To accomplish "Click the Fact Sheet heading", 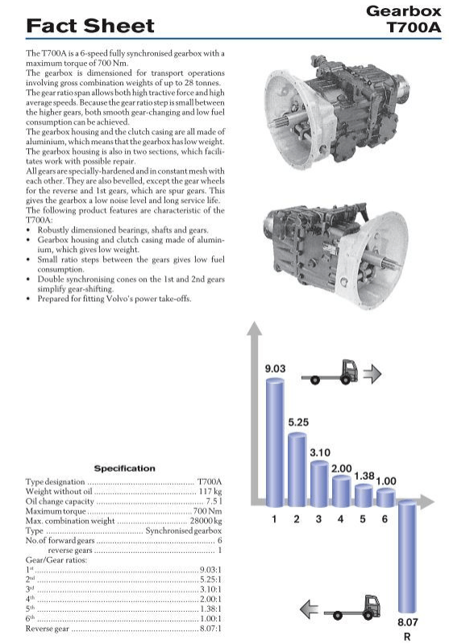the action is (x=90, y=26).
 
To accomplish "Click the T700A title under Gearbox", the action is (x=414, y=27).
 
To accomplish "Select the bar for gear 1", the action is (x=275, y=442).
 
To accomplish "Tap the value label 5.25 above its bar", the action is (x=298, y=422).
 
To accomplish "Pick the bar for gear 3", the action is (x=319, y=484).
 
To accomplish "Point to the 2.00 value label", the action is (x=342, y=469).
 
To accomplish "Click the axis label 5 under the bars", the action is (x=363, y=519).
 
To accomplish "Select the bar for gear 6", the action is (x=385, y=497).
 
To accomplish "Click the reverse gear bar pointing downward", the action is (x=407, y=556).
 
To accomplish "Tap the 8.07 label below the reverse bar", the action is (x=407, y=622).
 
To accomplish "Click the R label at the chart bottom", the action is (x=407, y=637).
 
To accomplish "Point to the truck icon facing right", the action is (x=330, y=373).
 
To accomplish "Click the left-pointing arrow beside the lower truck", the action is (x=309, y=609).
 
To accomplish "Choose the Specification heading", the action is (x=125, y=469).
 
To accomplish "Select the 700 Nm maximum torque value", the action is (x=207, y=511).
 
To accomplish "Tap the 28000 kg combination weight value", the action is (x=206, y=521).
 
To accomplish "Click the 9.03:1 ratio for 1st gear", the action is (x=210, y=570).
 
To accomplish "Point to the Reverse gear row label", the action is (x=48, y=629).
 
